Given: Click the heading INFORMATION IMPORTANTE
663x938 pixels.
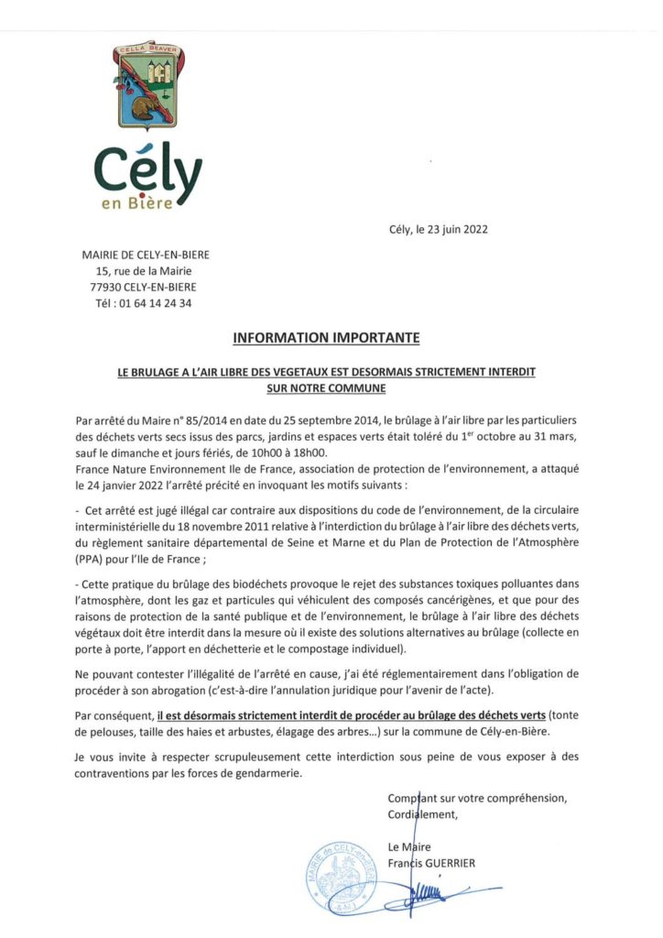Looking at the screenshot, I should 326,338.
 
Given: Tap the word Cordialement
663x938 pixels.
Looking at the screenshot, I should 421,813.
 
